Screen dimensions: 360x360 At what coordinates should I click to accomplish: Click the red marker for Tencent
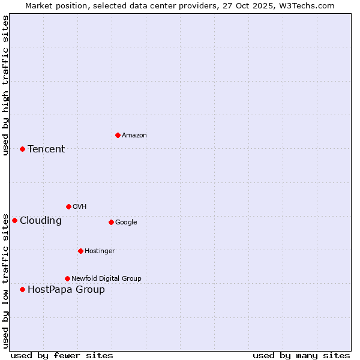tap(22, 149)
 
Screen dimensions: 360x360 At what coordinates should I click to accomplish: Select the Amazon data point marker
tap(118, 135)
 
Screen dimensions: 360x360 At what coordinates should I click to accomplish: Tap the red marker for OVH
tap(68, 206)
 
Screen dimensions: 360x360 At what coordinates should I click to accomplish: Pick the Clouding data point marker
tap(14, 220)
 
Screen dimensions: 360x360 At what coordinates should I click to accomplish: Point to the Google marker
tap(111, 222)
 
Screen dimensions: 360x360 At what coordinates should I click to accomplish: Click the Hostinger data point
tap(80, 251)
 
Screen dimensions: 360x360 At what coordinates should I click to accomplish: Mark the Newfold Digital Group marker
tap(67, 278)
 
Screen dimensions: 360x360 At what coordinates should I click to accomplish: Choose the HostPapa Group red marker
tap(22, 289)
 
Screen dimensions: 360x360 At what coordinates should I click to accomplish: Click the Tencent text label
tap(46, 149)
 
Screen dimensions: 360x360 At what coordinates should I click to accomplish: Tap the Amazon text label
tap(134, 135)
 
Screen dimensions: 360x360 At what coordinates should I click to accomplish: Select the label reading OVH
tap(79, 206)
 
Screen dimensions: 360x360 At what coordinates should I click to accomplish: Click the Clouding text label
tap(41, 220)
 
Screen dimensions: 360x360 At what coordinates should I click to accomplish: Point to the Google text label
tap(126, 222)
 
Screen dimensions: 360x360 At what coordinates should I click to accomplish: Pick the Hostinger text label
tap(100, 251)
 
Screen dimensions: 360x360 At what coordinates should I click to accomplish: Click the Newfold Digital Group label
tap(106, 278)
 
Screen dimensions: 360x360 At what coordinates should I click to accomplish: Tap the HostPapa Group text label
tap(66, 289)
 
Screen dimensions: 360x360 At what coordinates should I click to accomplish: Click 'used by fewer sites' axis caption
tap(62, 355)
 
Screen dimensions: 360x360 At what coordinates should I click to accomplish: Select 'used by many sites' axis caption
tap(301, 355)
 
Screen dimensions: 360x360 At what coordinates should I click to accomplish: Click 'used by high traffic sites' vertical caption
tap(5, 85)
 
